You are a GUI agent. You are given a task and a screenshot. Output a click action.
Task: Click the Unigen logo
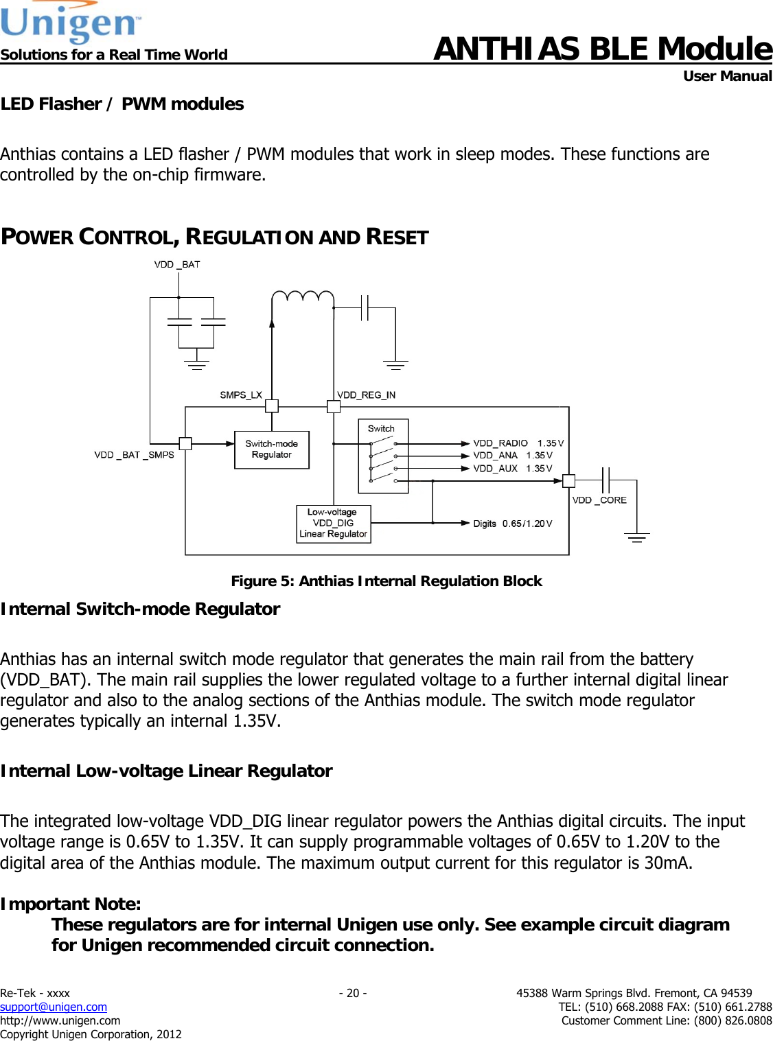coord(70,23)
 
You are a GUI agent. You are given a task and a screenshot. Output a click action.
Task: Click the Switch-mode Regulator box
coord(272,449)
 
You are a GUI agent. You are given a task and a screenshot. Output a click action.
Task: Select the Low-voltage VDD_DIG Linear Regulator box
coord(334,524)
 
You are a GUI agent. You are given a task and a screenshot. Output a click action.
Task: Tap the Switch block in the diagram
coord(383,456)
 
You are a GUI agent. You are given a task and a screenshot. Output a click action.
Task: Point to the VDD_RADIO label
coord(500,443)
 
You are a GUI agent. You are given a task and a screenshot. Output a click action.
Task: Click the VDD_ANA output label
coord(495,456)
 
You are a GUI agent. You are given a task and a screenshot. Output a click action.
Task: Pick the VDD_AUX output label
coord(495,469)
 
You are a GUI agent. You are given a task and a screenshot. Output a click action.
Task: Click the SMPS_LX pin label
coord(241,395)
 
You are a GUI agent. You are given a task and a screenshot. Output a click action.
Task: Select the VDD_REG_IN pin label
coord(367,395)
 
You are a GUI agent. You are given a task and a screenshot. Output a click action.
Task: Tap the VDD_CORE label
coord(599,500)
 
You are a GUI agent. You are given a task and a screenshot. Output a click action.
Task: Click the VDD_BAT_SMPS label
coord(134,455)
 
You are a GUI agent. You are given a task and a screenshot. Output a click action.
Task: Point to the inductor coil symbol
coord(303,297)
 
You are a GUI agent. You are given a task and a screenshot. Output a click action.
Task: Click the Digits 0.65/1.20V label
coord(512,524)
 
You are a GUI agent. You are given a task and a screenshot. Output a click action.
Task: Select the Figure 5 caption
coord(386,581)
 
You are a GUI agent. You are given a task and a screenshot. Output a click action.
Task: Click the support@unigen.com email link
coord(54,1007)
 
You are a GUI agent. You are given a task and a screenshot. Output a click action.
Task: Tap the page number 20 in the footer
coord(353,993)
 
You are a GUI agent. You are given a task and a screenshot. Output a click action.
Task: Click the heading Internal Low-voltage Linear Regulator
coord(166,771)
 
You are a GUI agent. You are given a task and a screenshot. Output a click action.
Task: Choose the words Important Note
coord(71,904)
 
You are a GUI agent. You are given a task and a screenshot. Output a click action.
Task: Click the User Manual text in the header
coord(727,76)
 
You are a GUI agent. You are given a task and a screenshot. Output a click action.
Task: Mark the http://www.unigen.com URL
coord(60,1020)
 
